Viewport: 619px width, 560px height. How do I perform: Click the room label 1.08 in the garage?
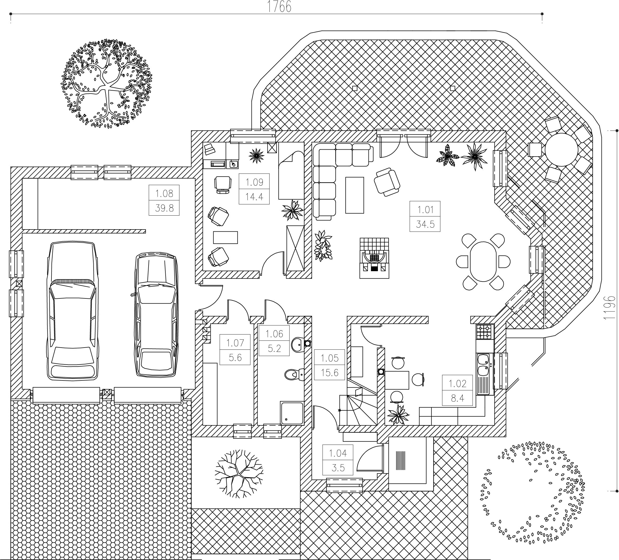[164, 193]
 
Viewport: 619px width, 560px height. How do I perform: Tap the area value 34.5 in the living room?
[425, 224]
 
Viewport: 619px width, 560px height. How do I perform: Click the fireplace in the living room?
[374, 258]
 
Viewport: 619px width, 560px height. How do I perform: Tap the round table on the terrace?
[562, 150]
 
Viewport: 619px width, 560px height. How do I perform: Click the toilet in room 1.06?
[294, 374]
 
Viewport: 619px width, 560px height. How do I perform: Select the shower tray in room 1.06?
[292, 413]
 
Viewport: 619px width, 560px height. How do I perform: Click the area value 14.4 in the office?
[254, 197]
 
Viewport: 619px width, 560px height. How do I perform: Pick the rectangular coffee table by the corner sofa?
[355, 195]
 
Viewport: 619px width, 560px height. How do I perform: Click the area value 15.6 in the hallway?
[329, 373]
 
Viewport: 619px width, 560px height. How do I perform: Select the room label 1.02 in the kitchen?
[457, 383]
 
